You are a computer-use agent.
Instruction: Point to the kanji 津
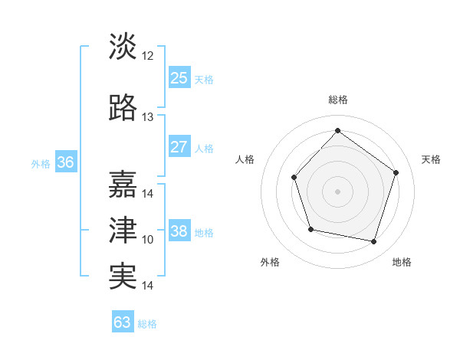click(x=123, y=230)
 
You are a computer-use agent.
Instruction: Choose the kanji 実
click(x=123, y=275)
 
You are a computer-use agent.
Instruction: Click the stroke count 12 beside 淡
click(x=148, y=56)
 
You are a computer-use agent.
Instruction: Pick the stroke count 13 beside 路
click(x=148, y=117)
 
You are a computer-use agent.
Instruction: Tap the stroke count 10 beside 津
click(x=148, y=240)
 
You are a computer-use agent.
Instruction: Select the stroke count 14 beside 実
click(x=148, y=286)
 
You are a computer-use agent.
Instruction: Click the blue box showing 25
click(x=179, y=78)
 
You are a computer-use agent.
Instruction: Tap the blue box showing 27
click(x=179, y=147)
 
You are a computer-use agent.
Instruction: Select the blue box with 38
click(x=179, y=231)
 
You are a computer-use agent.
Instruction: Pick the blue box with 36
click(x=65, y=162)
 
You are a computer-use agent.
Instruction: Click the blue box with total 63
click(x=122, y=322)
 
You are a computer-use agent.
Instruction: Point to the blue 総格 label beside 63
click(x=148, y=324)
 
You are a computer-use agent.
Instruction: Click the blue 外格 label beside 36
click(x=41, y=164)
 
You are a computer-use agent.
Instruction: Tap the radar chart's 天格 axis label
click(x=431, y=159)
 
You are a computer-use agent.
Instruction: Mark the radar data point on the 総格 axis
click(x=337, y=130)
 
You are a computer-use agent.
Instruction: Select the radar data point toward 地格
click(x=374, y=242)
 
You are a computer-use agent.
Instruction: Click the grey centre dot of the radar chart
click(x=337, y=191)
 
